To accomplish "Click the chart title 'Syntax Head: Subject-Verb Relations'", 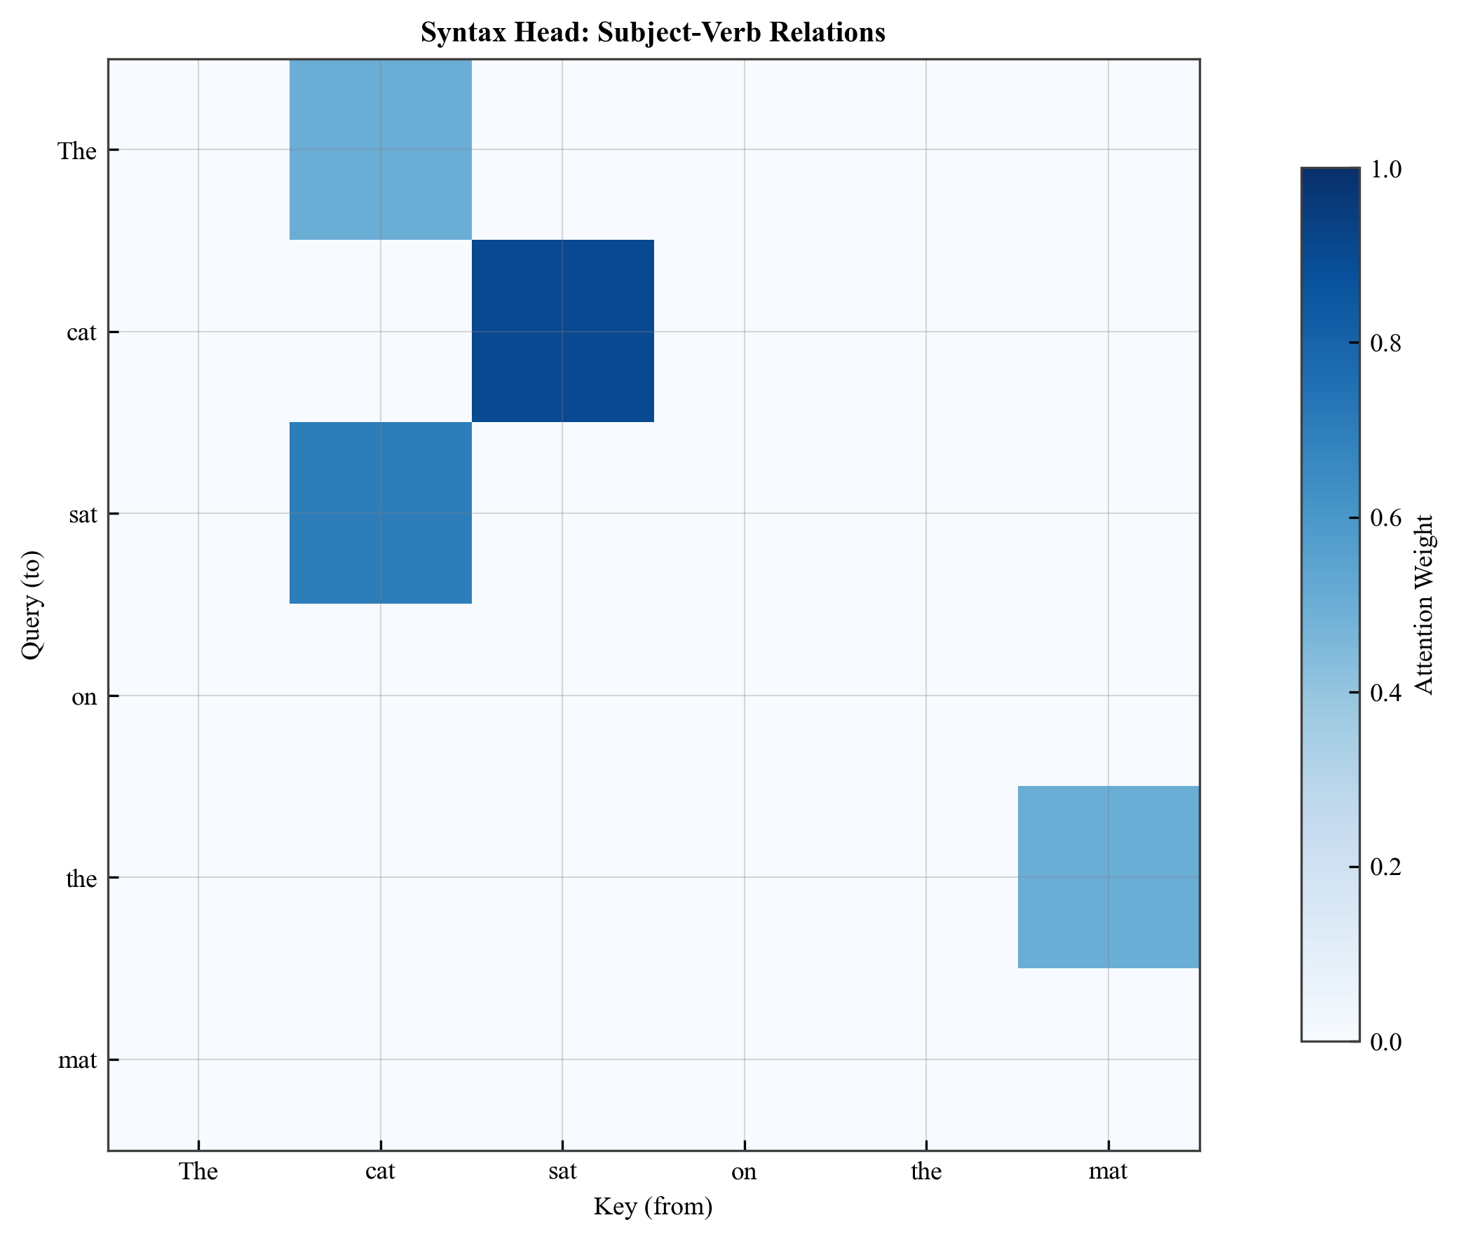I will tap(652, 32).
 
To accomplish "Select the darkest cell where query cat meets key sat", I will tap(562, 331).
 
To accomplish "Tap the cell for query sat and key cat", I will tap(380, 513).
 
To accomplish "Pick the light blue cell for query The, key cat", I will tap(380, 149).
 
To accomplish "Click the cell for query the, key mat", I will tap(1107, 876).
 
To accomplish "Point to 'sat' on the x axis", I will tap(562, 1172).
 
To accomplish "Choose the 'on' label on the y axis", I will tap(84, 696).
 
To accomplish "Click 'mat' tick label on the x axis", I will tap(1107, 1172).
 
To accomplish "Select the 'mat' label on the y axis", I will tap(77, 1059).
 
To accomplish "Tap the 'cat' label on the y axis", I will tap(81, 332).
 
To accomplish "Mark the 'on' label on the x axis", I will tap(744, 1172).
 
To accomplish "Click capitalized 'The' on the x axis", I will tap(198, 1172).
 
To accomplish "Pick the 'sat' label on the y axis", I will tap(83, 514).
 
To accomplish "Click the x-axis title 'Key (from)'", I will tap(652, 1206).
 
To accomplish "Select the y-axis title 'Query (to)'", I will tap(32, 605).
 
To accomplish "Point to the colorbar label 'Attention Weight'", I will tap(1423, 605).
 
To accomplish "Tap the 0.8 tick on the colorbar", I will tap(1385, 344).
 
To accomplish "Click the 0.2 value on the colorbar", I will tap(1385, 867).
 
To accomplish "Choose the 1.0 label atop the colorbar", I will tap(1385, 169).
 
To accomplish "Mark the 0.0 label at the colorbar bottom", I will tap(1385, 1041).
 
